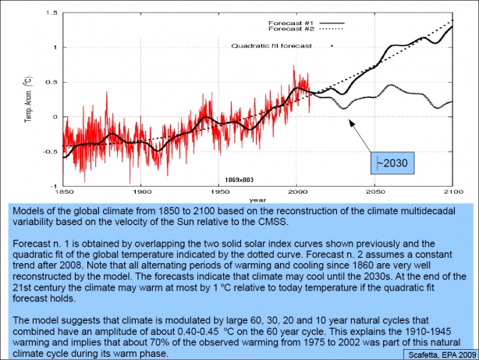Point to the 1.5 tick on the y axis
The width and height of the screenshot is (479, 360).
pyautogui.click(x=51, y=12)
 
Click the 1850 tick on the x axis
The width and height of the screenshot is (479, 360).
pyautogui.click(x=64, y=192)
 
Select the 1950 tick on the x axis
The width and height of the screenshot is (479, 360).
pyautogui.click(x=218, y=192)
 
